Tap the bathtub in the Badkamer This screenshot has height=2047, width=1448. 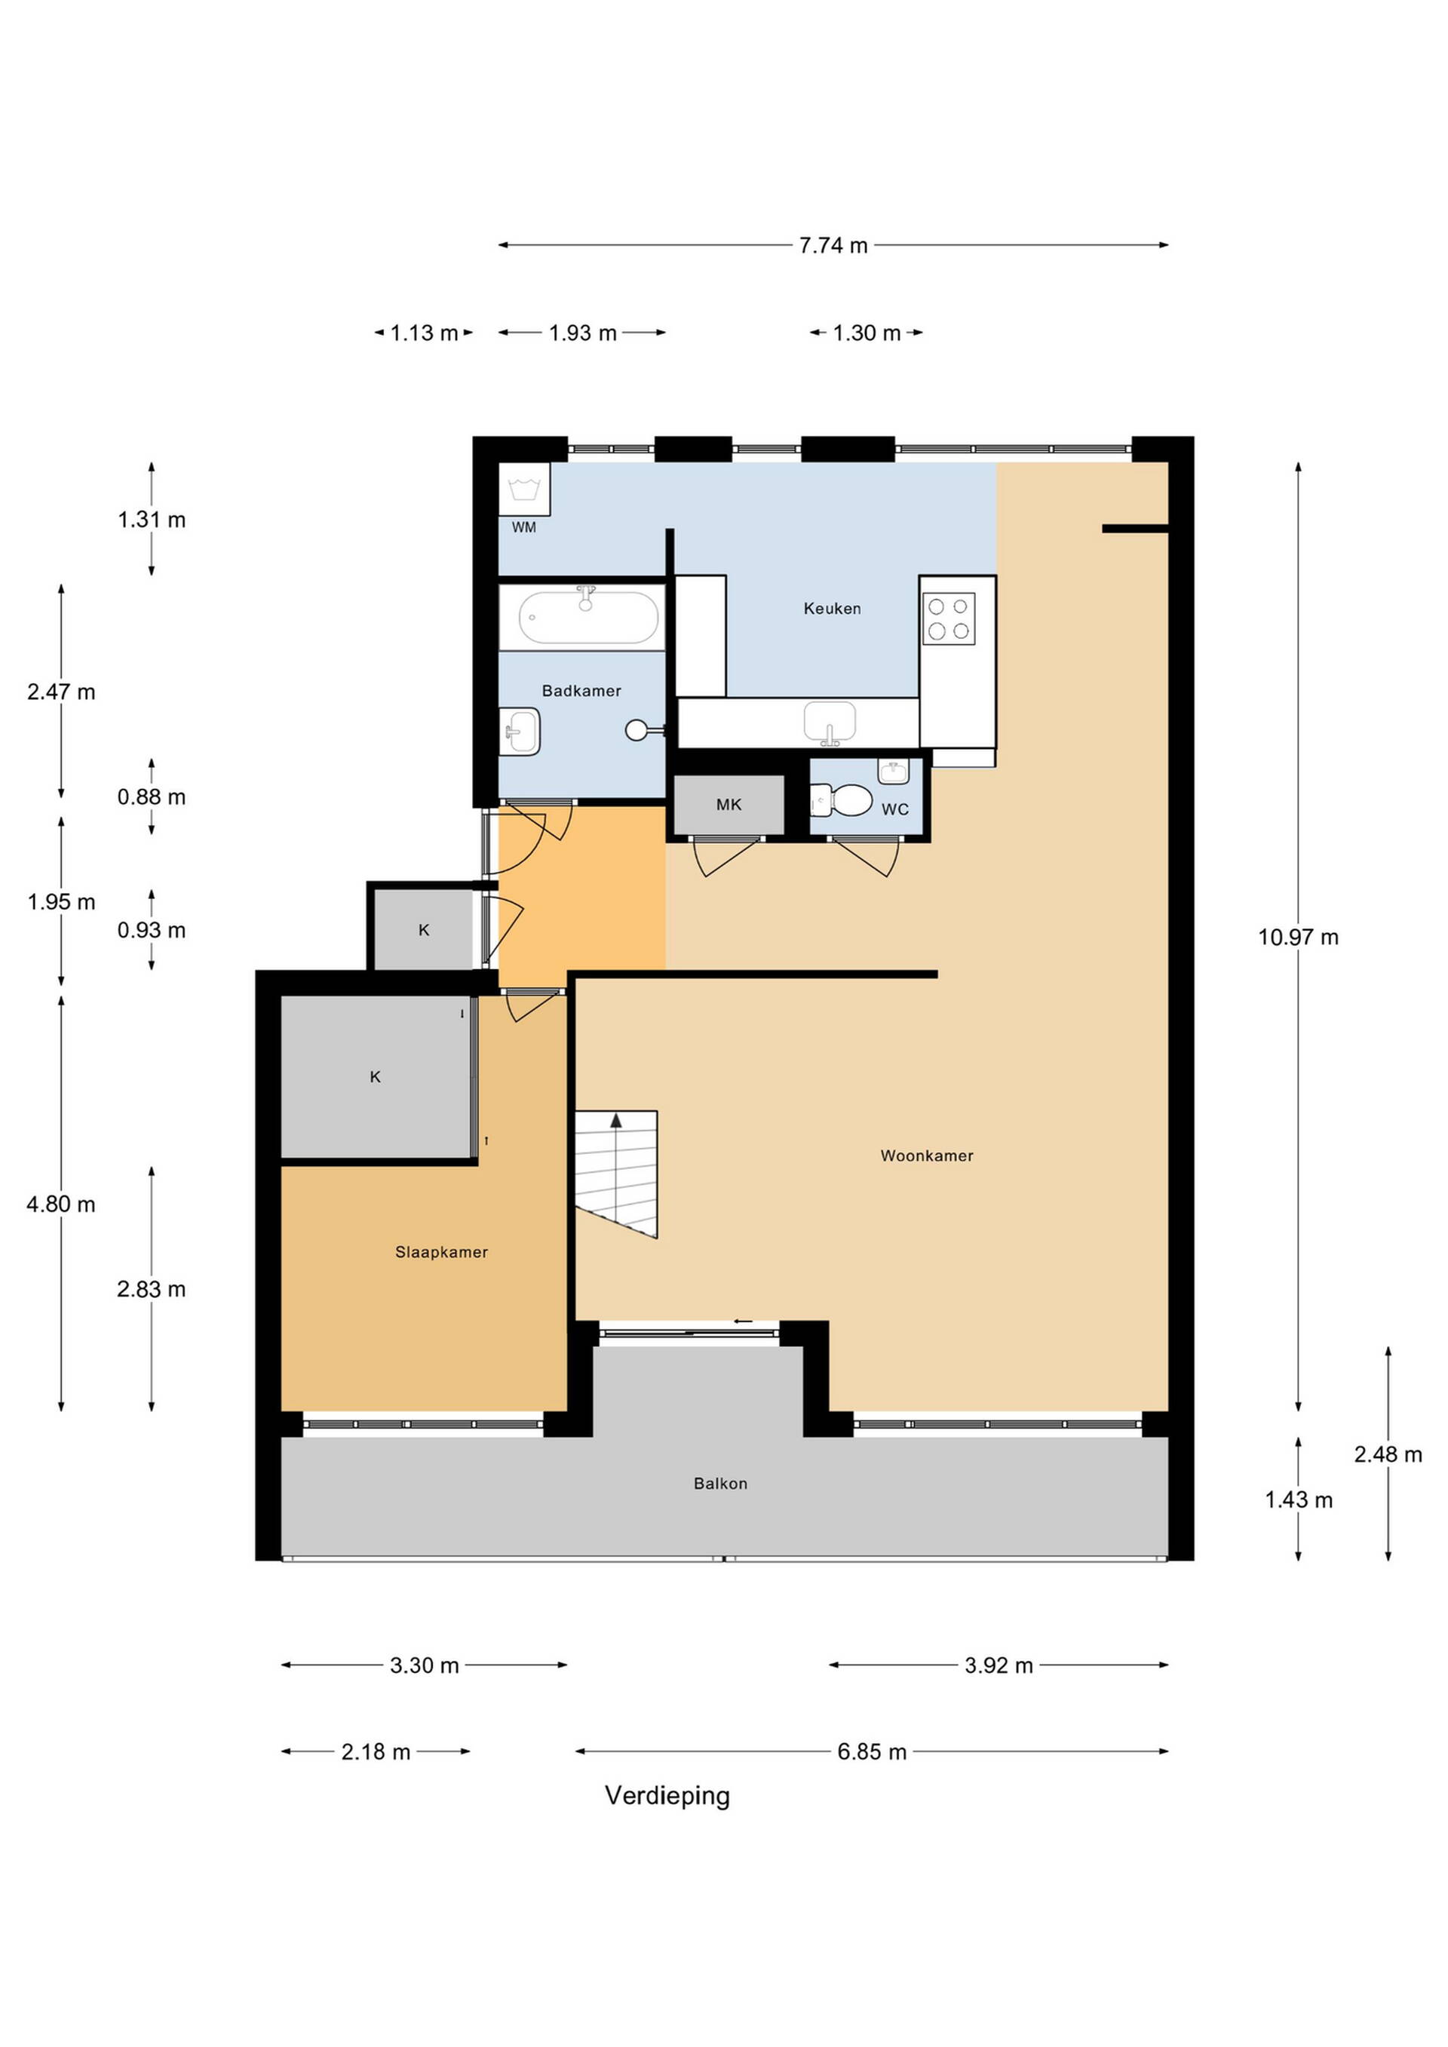pyautogui.click(x=588, y=617)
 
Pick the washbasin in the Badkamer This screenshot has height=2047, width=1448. pyautogui.click(x=520, y=731)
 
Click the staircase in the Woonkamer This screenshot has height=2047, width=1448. pyautogui.click(x=616, y=1174)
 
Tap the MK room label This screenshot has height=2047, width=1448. pyautogui.click(x=729, y=805)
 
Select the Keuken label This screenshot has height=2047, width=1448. pyautogui.click(x=832, y=609)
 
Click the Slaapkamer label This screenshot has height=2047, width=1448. pyautogui.click(x=441, y=1253)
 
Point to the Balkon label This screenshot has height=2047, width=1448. pyautogui.click(x=720, y=1484)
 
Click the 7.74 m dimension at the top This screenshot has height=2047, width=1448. pyautogui.click(x=833, y=245)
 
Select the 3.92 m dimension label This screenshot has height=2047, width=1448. pyautogui.click(x=999, y=1665)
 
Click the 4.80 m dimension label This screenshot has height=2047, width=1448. pyautogui.click(x=60, y=1205)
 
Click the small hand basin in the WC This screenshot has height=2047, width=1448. pyautogui.click(x=894, y=771)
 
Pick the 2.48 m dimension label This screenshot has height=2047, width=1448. pyautogui.click(x=1388, y=1454)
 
